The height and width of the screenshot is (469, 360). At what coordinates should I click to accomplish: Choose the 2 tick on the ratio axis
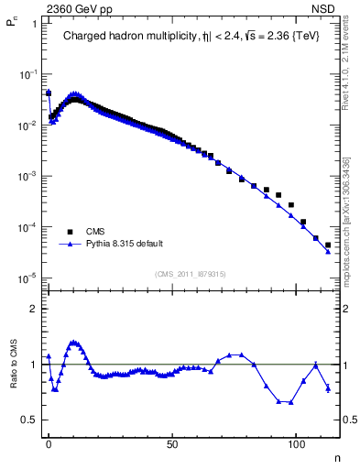32,309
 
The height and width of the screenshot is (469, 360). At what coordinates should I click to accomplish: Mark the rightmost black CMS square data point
328,245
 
